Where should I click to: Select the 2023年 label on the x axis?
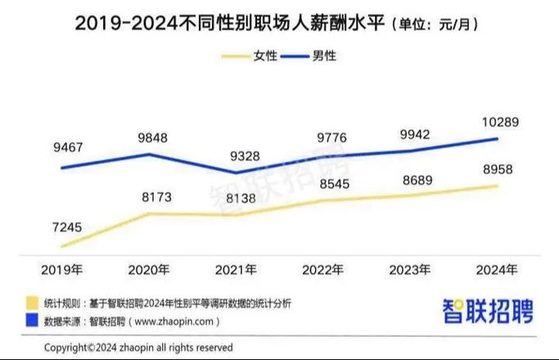click(410, 269)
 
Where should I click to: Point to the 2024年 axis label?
click(497, 269)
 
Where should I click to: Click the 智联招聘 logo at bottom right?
click(488, 311)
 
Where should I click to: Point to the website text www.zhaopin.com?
click(176, 322)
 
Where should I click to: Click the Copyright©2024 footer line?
click(138, 347)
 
